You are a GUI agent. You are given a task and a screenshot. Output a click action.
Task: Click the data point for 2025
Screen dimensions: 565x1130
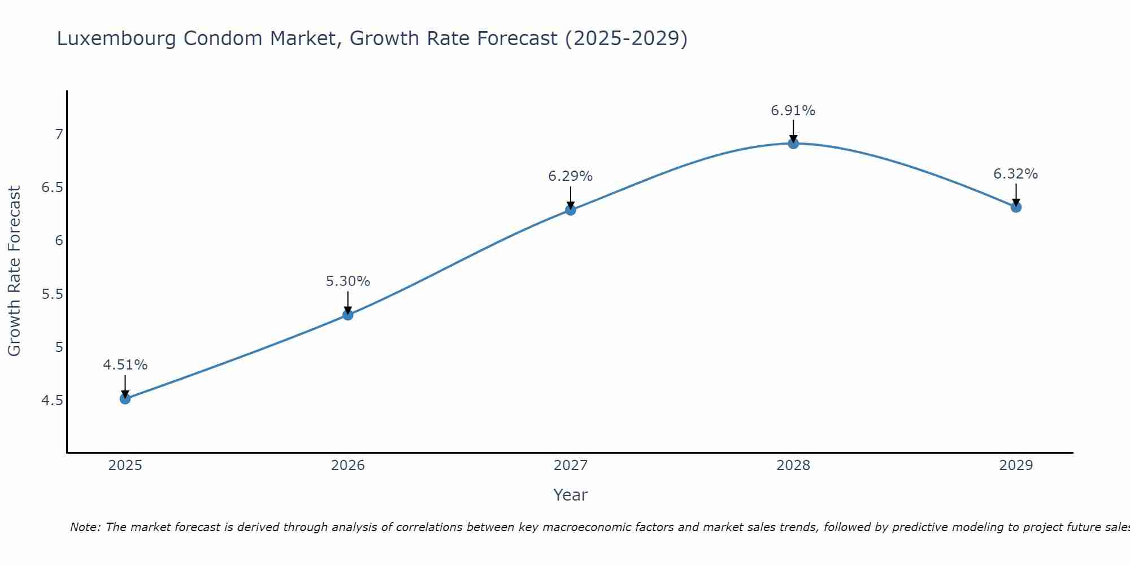[x=125, y=399]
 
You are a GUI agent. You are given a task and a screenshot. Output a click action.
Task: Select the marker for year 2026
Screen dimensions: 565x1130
[x=348, y=315]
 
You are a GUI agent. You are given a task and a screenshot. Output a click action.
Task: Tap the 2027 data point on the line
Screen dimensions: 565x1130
[x=571, y=210]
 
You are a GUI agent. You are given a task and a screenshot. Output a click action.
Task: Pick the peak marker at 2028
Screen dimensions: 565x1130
[x=793, y=144]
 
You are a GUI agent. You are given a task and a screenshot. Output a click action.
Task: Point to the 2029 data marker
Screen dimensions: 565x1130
[x=1016, y=207]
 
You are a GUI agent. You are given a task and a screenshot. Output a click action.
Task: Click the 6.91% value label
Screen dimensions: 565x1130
[x=793, y=111]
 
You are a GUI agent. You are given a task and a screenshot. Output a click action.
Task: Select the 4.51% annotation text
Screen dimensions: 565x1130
[x=125, y=365]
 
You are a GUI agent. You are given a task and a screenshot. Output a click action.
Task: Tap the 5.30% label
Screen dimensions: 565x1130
[x=348, y=281]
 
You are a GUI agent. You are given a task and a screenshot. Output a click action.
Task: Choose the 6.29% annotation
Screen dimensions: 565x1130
[x=571, y=176]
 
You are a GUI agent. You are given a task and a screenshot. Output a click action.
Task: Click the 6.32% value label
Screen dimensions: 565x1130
[x=1016, y=174]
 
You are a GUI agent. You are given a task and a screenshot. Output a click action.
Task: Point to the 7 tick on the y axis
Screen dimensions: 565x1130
[x=59, y=134]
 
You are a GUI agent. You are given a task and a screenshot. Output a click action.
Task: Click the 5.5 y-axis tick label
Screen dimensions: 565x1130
[x=53, y=294]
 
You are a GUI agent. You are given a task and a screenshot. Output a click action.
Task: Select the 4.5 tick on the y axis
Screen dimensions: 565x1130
[x=53, y=401]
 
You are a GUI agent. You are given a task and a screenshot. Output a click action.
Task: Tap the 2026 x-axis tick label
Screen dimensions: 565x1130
[x=348, y=466]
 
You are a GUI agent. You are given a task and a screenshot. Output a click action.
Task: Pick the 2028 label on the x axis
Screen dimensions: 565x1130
[x=793, y=466]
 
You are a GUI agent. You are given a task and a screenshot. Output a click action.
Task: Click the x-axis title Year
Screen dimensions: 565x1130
[x=571, y=495]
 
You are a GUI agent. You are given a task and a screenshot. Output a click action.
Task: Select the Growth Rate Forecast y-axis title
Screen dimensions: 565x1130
[x=15, y=271]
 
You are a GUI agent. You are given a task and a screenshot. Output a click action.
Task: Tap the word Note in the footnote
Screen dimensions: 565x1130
[x=85, y=527]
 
